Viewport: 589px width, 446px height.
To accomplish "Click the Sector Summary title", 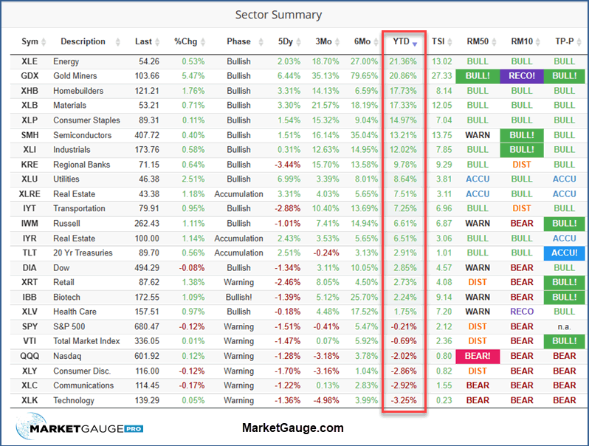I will pos(278,15).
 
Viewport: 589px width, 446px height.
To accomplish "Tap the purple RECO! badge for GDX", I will pos(521,76).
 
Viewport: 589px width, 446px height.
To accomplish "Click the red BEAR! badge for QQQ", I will pos(478,356).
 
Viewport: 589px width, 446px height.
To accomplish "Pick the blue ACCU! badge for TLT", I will pos(564,253).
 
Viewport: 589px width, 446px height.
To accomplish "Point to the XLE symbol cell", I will pos(30,61).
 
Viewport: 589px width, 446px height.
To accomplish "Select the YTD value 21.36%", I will pos(404,61).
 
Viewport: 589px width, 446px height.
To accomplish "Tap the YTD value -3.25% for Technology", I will pos(404,400).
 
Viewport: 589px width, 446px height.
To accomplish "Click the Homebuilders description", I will pos(78,91).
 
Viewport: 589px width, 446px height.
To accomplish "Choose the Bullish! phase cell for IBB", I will pos(238,297).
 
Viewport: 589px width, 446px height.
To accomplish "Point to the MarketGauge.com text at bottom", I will pos(292,428).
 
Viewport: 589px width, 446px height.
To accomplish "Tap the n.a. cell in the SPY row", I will pos(564,326).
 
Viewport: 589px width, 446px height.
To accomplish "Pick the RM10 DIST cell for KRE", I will pos(521,165).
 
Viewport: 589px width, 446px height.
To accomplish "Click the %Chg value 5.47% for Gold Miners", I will pos(185,76).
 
